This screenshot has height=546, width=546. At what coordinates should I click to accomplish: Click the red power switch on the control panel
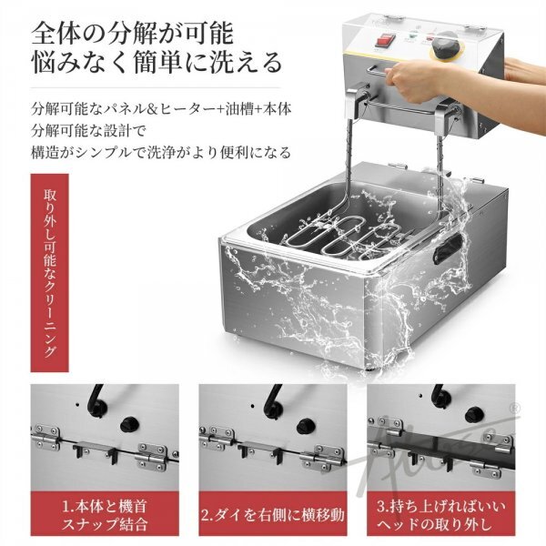pyautogui.click(x=384, y=40)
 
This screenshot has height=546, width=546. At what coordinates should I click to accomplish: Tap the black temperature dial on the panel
pyautogui.click(x=444, y=45)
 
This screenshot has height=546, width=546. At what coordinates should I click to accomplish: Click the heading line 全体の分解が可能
pyautogui.click(x=132, y=34)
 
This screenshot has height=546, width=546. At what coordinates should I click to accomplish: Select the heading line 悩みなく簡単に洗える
pyautogui.click(x=157, y=62)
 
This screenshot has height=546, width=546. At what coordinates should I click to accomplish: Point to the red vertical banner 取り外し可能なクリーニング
pyautogui.click(x=49, y=273)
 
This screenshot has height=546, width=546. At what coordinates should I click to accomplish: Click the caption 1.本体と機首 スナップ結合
pyautogui.click(x=105, y=515)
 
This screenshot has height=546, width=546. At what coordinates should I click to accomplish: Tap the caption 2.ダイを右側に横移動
pyautogui.click(x=273, y=515)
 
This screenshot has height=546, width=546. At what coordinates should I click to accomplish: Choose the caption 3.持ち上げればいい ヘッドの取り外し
pyautogui.click(x=440, y=515)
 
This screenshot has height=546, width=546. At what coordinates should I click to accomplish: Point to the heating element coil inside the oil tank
pyautogui.click(x=345, y=238)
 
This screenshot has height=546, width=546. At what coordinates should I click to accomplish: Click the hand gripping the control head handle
pyautogui.click(x=411, y=78)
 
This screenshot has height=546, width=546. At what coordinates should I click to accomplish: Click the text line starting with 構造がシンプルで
pyautogui.click(x=160, y=152)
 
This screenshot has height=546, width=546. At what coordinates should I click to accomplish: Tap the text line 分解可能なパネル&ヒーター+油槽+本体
pyautogui.click(x=161, y=109)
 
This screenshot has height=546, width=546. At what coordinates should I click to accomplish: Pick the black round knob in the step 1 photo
pyautogui.click(x=129, y=425)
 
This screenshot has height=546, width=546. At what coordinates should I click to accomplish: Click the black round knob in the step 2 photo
pyautogui.click(x=306, y=425)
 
